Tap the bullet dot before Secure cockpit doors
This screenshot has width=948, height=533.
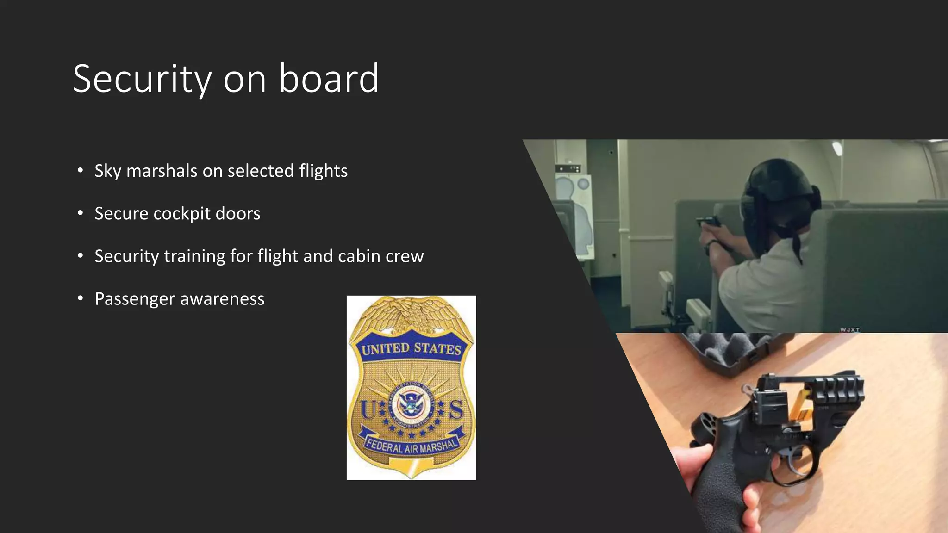(x=81, y=213)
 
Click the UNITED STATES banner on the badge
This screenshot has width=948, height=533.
(x=411, y=348)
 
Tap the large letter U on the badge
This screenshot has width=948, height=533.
(x=368, y=409)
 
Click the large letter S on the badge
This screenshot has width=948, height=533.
(x=455, y=409)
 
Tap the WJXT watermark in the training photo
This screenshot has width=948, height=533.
(x=849, y=329)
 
